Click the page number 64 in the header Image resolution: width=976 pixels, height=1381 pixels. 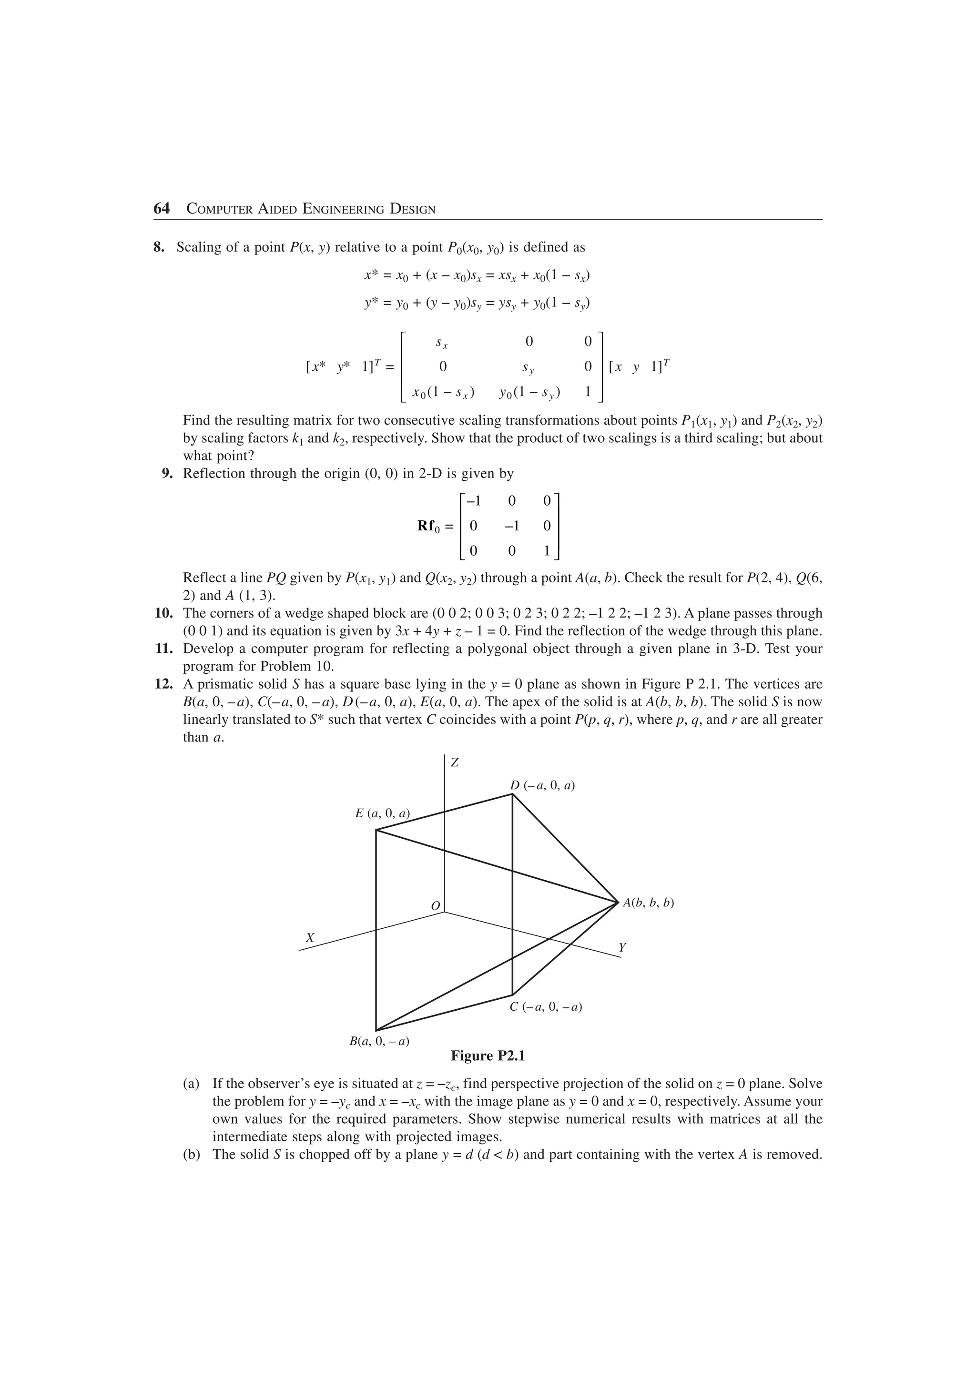162,209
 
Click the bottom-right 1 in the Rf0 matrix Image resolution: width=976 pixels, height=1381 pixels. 547,550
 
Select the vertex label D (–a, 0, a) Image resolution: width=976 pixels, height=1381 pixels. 542,785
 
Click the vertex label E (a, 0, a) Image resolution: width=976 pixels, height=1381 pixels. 383,813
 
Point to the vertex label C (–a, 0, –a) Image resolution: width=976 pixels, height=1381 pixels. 546,1006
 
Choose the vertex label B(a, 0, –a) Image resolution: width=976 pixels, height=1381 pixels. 379,1041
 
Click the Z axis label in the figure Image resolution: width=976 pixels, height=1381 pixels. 455,762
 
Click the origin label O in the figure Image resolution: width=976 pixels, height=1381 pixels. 436,906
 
